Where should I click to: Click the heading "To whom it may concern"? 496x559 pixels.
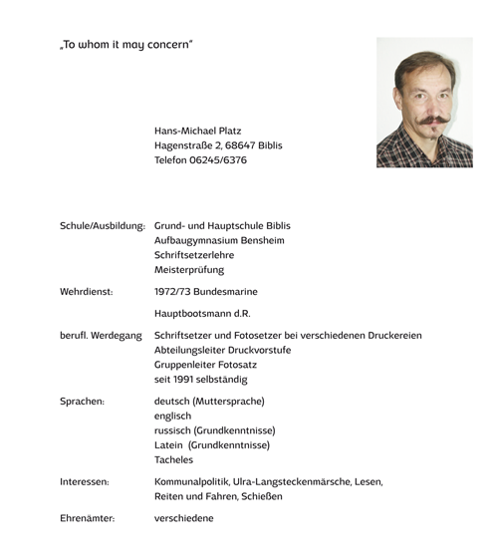point(125,45)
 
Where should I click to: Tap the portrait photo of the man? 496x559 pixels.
point(424,102)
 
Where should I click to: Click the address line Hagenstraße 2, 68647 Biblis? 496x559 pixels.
point(218,145)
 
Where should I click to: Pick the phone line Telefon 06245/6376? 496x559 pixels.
point(200,160)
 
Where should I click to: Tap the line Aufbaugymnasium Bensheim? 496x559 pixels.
point(219,240)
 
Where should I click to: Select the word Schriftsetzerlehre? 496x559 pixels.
point(194,255)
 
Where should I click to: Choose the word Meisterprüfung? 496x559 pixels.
point(189,270)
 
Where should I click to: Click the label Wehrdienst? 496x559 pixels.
point(87,292)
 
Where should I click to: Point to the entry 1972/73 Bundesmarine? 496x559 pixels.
point(206,292)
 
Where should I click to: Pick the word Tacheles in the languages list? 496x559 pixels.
point(176,460)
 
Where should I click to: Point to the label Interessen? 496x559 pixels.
point(85,482)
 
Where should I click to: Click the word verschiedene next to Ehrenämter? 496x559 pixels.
point(184,519)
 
